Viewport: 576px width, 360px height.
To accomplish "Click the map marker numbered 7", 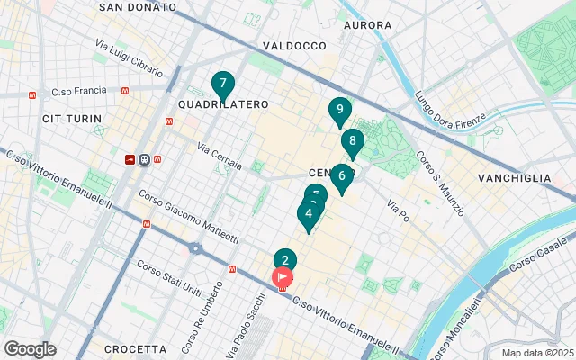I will (x=222, y=85).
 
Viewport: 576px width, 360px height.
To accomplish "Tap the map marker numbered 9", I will (x=339, y=111).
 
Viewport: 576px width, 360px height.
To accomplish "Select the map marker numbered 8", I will (x=353, y=141).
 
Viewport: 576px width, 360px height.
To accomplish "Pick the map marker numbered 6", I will (x=341, y=176).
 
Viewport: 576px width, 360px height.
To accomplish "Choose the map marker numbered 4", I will (x=309, y=214).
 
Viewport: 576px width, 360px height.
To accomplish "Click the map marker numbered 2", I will (x=285, y=261).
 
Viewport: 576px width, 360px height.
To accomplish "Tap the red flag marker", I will (x=283, y=277).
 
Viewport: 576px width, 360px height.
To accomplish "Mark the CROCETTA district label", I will (x=135, y=348).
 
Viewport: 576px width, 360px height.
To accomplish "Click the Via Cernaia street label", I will (x=220, y=156).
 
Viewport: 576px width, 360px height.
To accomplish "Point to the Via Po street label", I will (x=398, y=211).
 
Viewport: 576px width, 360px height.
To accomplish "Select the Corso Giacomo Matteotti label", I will (x=188, y=217).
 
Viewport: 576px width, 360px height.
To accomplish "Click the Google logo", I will (x=30, y=349).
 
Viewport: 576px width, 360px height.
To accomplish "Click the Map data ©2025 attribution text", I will (x=537, y=353).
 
